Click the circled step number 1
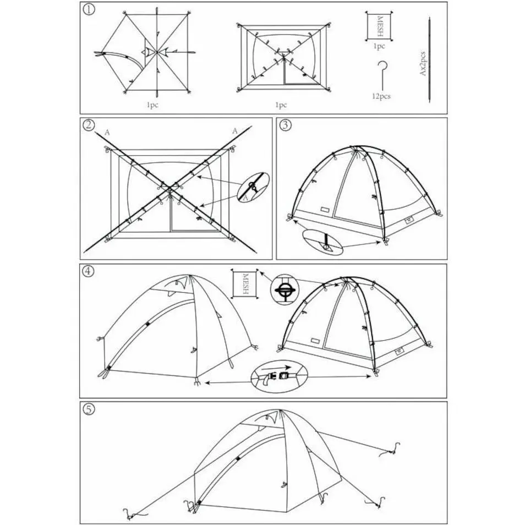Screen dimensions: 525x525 pyautogui.click(x=89, y=9)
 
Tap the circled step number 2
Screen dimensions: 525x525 pyautogui.click(x=89, y=125)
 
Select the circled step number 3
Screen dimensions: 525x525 pyautogui.click(x=285, y=125)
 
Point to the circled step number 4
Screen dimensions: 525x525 pyautogui.click(x=88, y=271)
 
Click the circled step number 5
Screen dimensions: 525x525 pyautogui.click(x=89, y=409)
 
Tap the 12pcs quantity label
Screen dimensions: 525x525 pyautogui.click(x=381, y=96)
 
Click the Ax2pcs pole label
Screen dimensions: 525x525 pyautogui.click(x=423, y=63)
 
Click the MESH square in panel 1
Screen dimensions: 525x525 pyautogui.click(x=379, y=26)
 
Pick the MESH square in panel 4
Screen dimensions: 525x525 pyautogui.click(x=245, y=284)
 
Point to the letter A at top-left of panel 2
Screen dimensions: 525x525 pyautogui.click(x=107, y=133)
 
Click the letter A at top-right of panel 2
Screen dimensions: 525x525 pyautogui.click(x=235, y=131)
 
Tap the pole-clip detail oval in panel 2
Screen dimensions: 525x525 pyautogui.click(x=253, y=187)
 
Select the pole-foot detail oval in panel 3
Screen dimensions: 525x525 pyautogui.click(x=323, y=242)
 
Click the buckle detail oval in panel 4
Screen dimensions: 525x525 pyautogui.click(x=279, y=376)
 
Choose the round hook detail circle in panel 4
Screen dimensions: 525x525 pyautogui.click(x=285, y=289)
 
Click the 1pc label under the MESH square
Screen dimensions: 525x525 pyautogui.click(x=379, y=46)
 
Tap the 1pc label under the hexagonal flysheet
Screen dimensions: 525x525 pyautogui.click(x=152, y=105)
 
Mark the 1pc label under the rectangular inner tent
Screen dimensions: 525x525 pyautogui.click(x=281, y=105)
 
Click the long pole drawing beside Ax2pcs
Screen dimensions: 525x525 pyautogui.click(x=429, y=60)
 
